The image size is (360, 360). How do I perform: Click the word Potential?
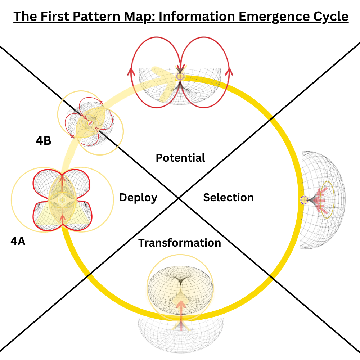(180, 158)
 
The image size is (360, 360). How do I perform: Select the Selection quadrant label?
(228, 197)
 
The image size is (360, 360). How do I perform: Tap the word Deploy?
(138, 198)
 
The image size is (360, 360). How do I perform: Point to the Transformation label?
(180, 243)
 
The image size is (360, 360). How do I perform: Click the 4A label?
(18, 242)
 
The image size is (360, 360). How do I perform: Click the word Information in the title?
(189, 17)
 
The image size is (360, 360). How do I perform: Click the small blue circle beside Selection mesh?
(304, 200)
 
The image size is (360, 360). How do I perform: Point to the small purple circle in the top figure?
(180, 76)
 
